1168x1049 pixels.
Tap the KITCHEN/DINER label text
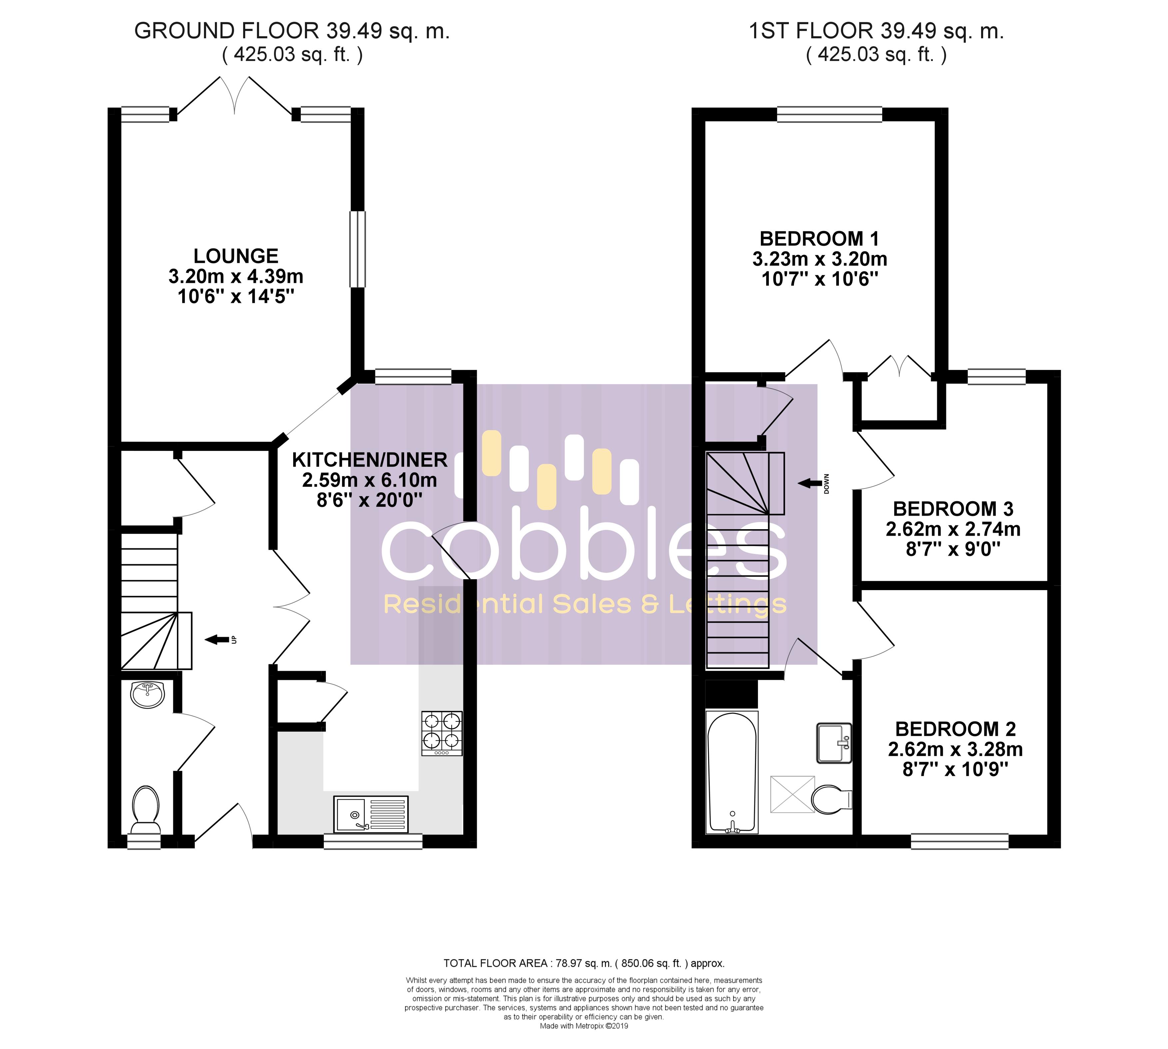369,460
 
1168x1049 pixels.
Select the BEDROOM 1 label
820,239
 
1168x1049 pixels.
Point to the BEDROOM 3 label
953,509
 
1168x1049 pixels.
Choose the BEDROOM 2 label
955,729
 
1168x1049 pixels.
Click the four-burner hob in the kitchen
442,733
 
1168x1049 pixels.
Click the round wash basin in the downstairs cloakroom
148,695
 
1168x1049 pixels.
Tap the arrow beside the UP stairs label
216,639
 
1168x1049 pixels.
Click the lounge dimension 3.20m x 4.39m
236,276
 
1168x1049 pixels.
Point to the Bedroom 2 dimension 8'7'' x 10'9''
955,769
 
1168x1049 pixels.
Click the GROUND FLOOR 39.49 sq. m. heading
292,31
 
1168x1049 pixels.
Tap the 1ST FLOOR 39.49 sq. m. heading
876,31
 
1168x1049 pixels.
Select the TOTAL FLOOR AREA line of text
584,963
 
